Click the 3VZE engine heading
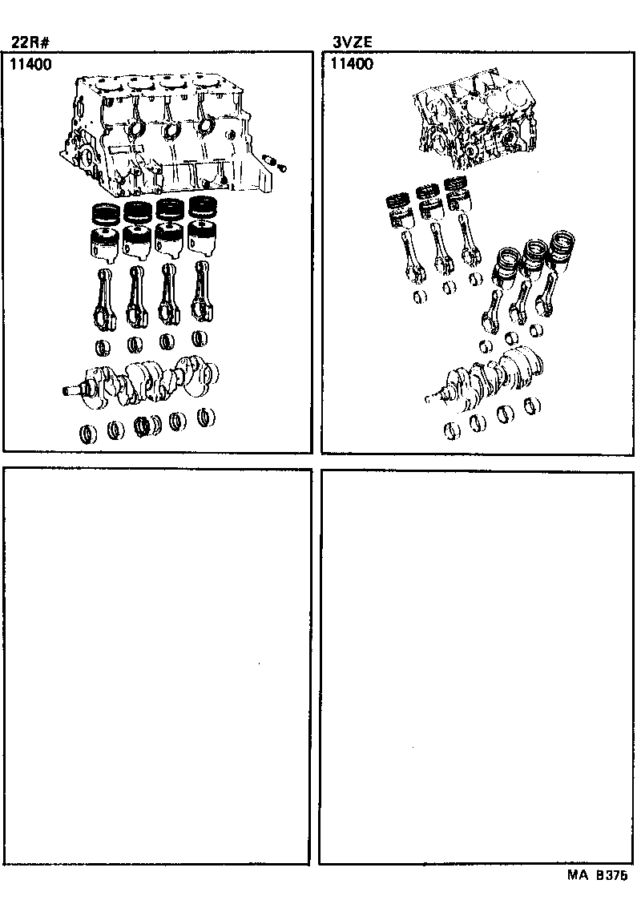353,43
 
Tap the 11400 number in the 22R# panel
30,65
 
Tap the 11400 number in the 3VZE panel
351,65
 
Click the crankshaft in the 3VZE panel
489,377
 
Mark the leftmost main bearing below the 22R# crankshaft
87,434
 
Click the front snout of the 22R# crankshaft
72,390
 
